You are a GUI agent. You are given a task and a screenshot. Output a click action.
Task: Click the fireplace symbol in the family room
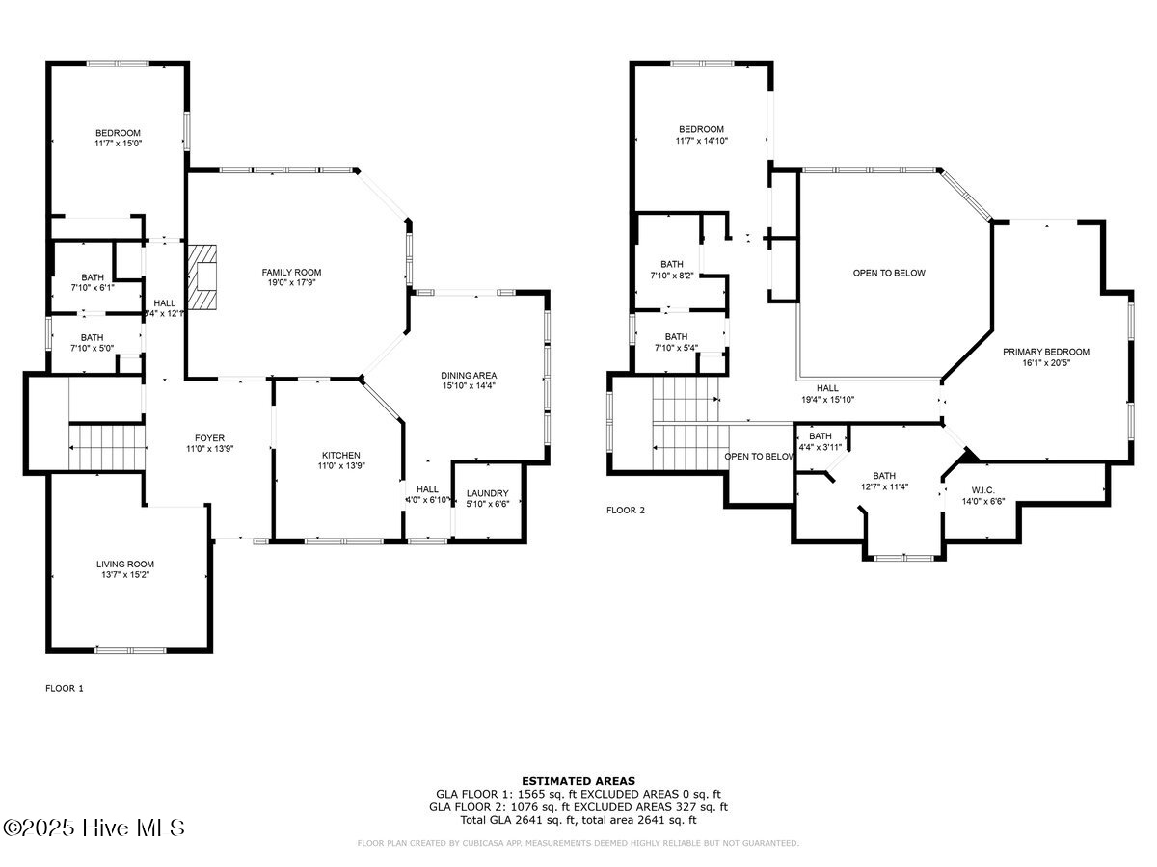click(203, 276)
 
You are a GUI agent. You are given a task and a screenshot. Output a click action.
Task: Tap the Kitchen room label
click(340, 455)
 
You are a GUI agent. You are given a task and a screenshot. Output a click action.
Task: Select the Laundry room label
click(487, 493)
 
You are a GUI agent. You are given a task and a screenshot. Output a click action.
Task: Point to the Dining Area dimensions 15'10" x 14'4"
click(469, 385)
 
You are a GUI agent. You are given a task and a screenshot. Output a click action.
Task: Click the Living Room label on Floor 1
click(124, 564)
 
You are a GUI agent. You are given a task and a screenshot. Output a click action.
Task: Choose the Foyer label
click(208, 437)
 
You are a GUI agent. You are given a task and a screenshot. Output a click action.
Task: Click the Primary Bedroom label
click(1045, 352)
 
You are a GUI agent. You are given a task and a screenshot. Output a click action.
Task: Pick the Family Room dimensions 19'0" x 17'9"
click(291, 283)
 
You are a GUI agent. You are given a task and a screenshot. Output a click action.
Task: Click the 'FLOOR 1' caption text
click(65, 688)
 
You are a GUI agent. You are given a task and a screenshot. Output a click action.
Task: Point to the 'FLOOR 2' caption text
click(626, 510)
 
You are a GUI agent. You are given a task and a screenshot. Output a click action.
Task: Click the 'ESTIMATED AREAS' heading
click(578, 780)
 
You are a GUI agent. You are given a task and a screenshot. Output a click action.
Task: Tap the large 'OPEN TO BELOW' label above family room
click(888, 273)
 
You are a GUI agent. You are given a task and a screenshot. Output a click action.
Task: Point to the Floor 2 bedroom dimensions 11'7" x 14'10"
click(701, 141)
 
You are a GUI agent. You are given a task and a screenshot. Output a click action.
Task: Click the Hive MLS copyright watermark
click(94, 828)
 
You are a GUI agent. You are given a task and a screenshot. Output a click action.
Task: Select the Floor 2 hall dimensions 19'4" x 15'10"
click(827, 399)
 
